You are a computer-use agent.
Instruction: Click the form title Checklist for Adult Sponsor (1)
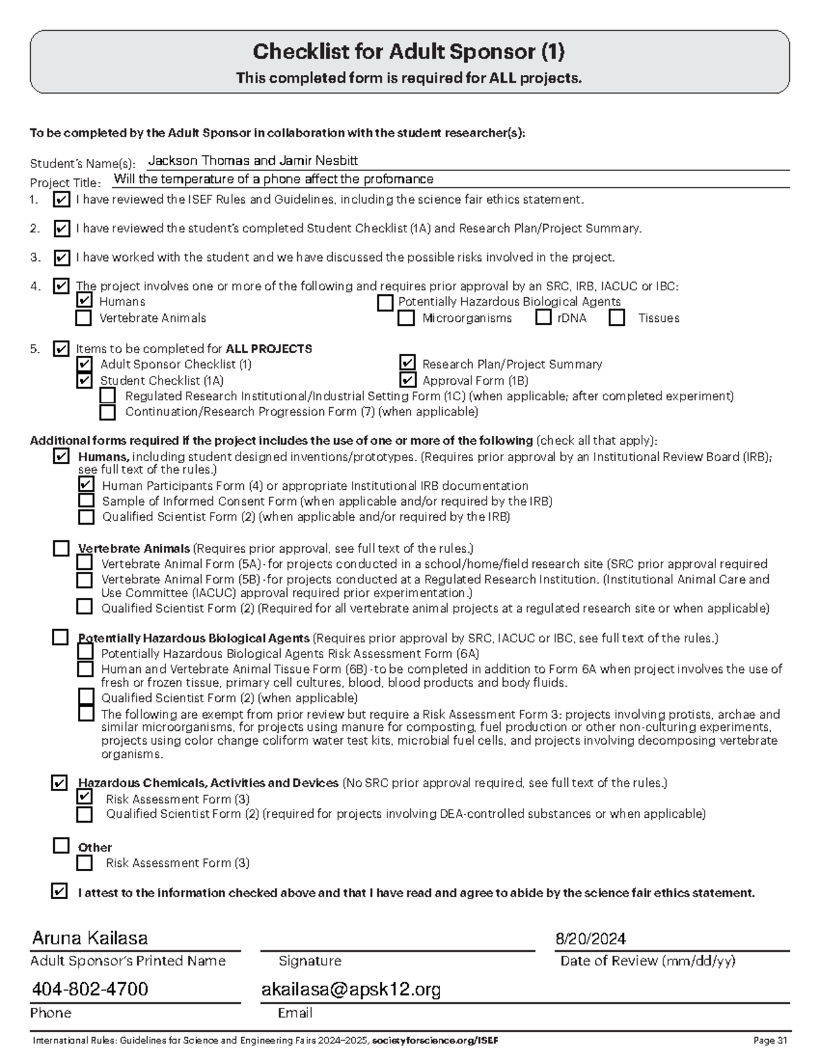coord(409,52)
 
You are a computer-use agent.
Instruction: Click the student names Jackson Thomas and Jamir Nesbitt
coord(253,161)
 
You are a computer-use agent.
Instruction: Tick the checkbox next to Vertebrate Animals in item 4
coord(84,318)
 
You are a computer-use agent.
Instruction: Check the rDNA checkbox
coord(543,317)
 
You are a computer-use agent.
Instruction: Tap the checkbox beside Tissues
coord(617,318)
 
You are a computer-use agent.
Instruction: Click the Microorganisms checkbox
coord(407,318)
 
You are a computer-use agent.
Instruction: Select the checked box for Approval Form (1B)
coord(407,380)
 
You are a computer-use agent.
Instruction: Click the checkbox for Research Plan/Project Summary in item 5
coord(407,363)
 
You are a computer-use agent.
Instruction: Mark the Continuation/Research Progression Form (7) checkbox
coord(108,412)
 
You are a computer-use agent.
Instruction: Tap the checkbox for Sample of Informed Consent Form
coord(86,501)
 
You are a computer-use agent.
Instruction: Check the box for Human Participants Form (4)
coord(86,484)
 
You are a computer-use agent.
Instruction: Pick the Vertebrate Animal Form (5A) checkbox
coord(85,563)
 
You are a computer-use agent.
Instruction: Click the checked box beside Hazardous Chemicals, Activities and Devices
coord(60,783)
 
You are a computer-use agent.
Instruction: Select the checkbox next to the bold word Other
coord(61,846)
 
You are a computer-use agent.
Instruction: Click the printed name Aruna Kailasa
coord(90,939)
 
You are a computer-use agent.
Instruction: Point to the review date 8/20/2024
coord(591,939)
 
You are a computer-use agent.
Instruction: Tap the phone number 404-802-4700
coord(90,989)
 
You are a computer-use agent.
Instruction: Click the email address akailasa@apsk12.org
coord(351,989)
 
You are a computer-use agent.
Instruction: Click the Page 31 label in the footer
coord(770,1041)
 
